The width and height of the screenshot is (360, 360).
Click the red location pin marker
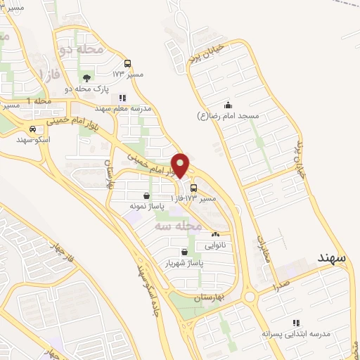pyautogui.click(x=180, y=165)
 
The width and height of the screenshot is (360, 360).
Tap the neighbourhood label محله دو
pyautogui.click(x=82, y=49)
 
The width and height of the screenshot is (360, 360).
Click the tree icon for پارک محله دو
pyautogui.click(x=86, y=78)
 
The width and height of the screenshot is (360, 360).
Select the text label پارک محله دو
pyautogui.click(x=84, y=90)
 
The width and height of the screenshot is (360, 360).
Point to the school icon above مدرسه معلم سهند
pyautogui.click(x=122, y=98)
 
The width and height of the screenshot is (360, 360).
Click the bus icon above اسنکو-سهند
pyautogui.click(x=33, y=129)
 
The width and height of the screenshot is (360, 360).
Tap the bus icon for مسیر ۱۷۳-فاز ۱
pyautogui.click(x=194, y=188)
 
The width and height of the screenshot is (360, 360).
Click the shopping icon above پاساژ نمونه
pyautogui.click(x=146, y=196)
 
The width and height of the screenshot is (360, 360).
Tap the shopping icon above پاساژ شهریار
pyautogui.click(x=184, y=252)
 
